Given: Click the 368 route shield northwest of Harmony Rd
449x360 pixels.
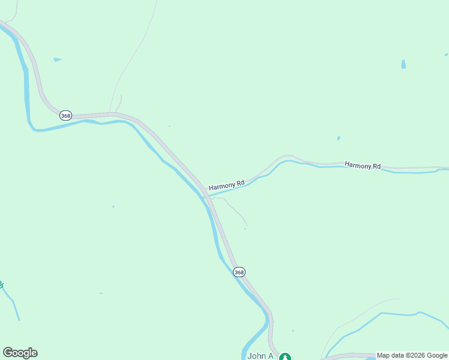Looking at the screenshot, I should point(66,116).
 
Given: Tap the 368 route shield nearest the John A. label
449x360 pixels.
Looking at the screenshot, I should point(240,272).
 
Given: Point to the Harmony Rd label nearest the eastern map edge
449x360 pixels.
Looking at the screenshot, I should point(363,165).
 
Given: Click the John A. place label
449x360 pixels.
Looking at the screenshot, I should point(261,356).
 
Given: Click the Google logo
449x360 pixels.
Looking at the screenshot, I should point(20,353).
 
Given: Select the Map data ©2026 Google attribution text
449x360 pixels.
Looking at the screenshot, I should point(412,355).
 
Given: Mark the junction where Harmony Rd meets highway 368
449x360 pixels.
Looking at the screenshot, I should point(206,191).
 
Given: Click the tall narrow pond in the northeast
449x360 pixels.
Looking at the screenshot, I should point(403,64).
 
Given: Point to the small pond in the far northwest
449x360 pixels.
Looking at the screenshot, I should point(57,59).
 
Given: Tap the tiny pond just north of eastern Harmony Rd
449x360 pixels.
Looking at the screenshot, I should point(339,138).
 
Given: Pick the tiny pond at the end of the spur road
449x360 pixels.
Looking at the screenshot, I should point(245,229).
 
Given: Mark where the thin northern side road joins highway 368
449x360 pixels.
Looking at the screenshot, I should point(112,112).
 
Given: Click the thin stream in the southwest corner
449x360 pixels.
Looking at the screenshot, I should point(13,306).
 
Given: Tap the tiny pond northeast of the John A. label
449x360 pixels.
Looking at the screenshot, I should point(293,331).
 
